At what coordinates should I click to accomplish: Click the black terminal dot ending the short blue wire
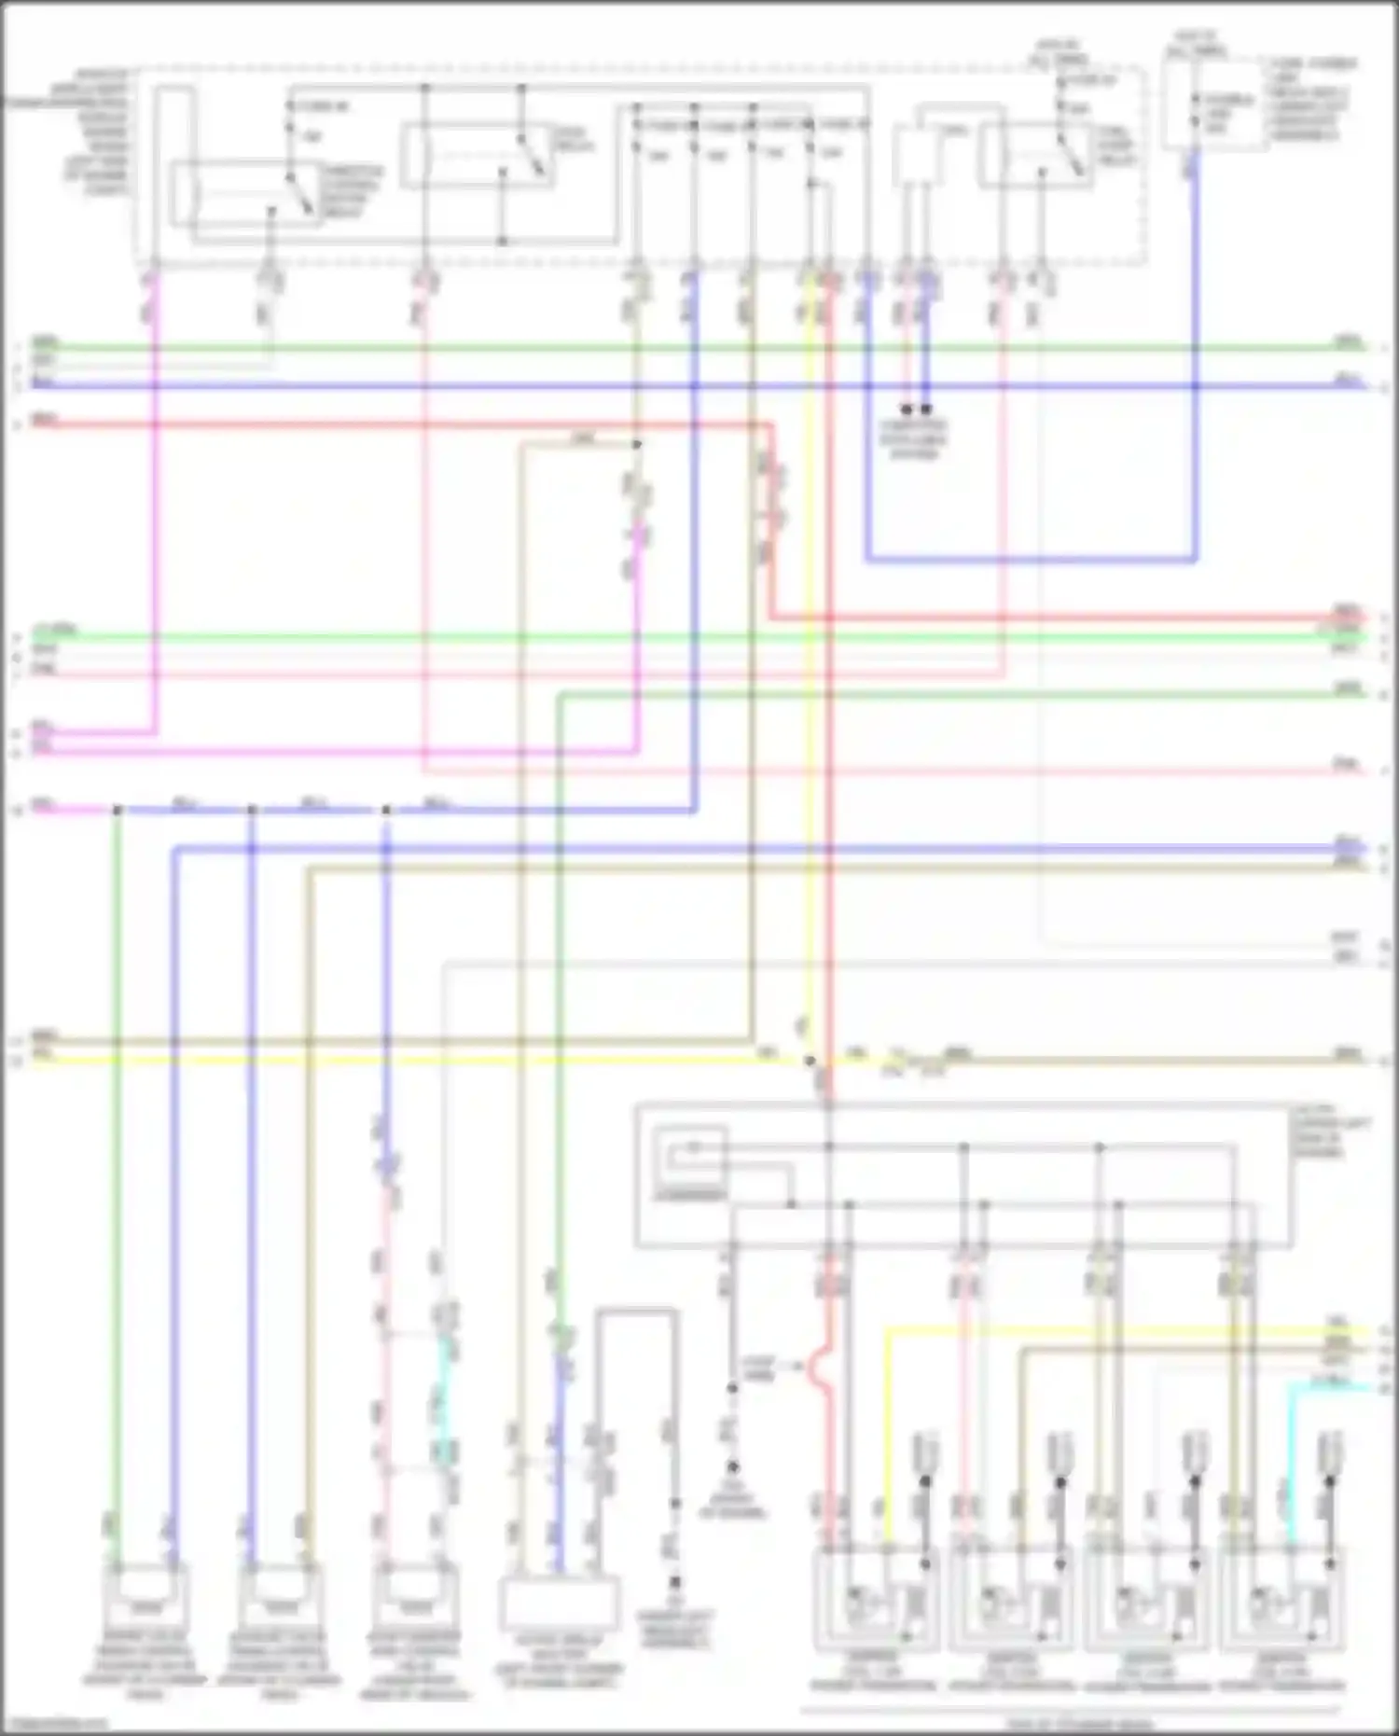point(926,410)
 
